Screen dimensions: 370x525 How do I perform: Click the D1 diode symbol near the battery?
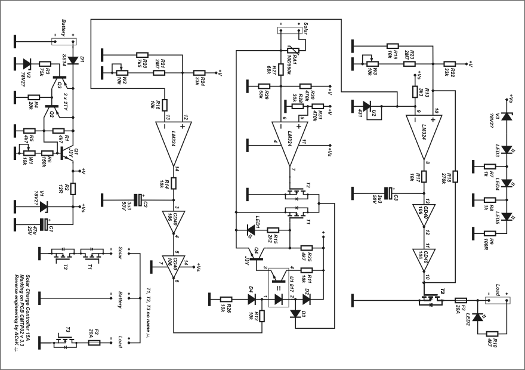pyautogui.click(x=73, y=60)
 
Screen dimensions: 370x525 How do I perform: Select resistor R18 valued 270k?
pyautogui.click(x=455, y=176)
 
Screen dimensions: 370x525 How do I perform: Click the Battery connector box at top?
pyautogui.click(x=64, y=42)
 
